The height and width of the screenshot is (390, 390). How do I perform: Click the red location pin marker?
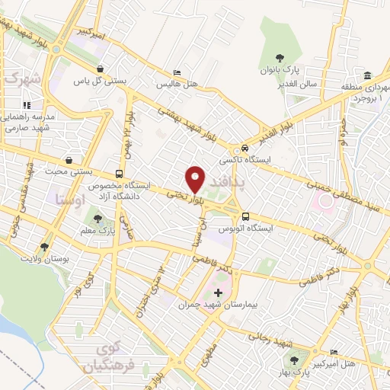click(195, 179)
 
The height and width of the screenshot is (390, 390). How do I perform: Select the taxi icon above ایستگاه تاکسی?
click(244, 148)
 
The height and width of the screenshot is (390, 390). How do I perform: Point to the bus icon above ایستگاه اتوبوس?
click(245, 216)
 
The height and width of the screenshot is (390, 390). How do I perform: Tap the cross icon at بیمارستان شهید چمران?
click(219, 292)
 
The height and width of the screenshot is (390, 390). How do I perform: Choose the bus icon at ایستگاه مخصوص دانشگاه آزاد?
click(118, 173)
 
